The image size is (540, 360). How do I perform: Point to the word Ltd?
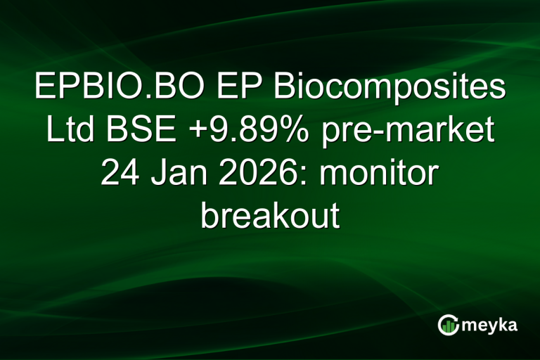coord(69,131)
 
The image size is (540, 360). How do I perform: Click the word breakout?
coord(270,216)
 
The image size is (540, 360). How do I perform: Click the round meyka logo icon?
coord(449,324)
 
